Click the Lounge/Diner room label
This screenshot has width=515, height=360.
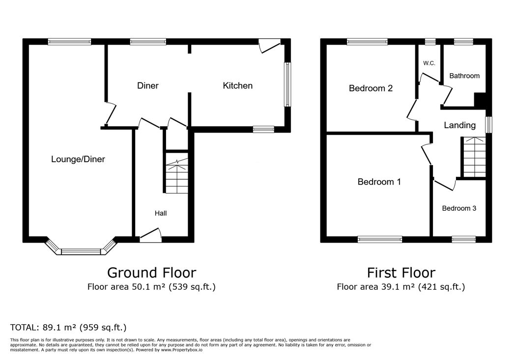click(x=78, y=160)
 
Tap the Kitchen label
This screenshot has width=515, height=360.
click(x=237, y=85)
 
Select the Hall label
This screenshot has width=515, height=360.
click(x=161, y=213)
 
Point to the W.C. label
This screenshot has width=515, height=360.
click(x=429, y=63)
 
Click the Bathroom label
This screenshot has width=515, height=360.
click(x=464, y=76)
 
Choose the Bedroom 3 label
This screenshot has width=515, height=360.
click(x=459, y=208)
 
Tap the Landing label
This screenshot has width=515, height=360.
click(x=460, y=125)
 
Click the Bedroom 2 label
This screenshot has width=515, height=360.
click(x=371, y=88)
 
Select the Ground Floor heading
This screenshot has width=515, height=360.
click(x=152, y=273)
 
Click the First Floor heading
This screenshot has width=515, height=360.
click(x=401, y=273)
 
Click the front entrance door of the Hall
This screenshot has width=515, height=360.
click(x=151, y=236)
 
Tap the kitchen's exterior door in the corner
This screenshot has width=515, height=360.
click(x=269, y=46)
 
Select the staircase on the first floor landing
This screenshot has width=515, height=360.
click(x=474, y=157)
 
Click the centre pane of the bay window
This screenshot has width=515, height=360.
click(x=81, y=251)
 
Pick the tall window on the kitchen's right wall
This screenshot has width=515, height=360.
click(x=287, y=84)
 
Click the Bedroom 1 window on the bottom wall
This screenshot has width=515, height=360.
click(x=380, y=239)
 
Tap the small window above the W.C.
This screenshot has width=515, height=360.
click(x=430, y=42)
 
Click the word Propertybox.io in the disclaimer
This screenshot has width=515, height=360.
click(x=187, y=350)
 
